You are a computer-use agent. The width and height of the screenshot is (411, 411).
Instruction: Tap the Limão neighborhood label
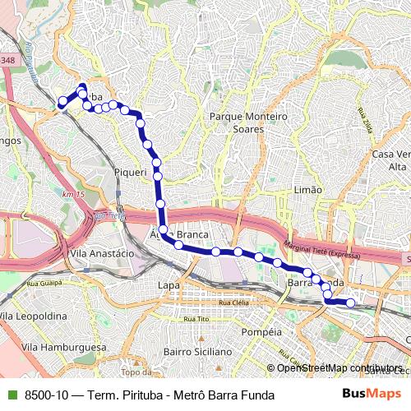307,190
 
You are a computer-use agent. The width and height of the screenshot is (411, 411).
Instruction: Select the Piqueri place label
130,173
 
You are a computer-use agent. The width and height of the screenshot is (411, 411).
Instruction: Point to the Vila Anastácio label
102,254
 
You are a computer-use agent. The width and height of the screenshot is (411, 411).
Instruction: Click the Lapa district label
169,285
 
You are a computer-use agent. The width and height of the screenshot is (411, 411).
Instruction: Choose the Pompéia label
262,332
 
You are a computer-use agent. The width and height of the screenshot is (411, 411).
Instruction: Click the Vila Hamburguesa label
64,348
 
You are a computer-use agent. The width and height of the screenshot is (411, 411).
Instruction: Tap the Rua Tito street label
196,319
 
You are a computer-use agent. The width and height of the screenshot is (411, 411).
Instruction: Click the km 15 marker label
73,194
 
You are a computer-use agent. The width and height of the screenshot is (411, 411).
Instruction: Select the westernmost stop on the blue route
62,102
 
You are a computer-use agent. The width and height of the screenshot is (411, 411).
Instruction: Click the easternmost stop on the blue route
351,303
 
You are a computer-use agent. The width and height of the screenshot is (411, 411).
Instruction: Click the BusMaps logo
371,395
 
